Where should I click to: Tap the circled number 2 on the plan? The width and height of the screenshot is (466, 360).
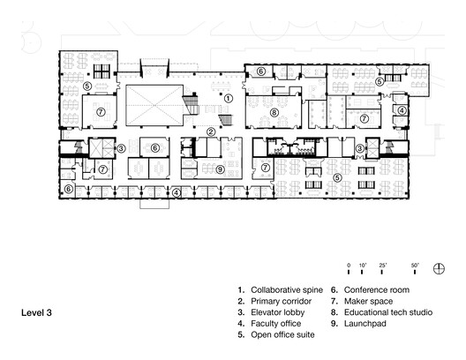tap(211, 132)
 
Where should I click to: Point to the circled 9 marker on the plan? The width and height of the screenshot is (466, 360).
tap(220, 169)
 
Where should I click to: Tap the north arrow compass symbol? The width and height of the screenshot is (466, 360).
tap(439, 266)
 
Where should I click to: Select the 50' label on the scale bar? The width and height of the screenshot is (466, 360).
tap(415, 265)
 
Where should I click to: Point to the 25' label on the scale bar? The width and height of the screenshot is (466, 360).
tap(382, 265)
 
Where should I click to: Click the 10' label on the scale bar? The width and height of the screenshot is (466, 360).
tap(362, 265)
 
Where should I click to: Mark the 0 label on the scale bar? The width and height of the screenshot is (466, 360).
tap(349, 265)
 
